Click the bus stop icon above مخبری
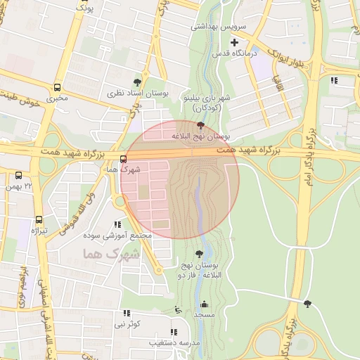click(x=57, y=89)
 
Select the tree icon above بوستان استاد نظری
click(x=137, y=82)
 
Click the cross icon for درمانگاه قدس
click(x=234, y=43)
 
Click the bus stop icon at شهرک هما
click(x=124, y=159)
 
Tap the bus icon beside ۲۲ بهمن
click(x=18, y=175)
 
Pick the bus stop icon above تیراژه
click(x=39, y=219)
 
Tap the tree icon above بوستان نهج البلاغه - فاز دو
click(x=200, y=253)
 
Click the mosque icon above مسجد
click(x=205, y=304)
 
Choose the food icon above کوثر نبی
click(x=127, y=313)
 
